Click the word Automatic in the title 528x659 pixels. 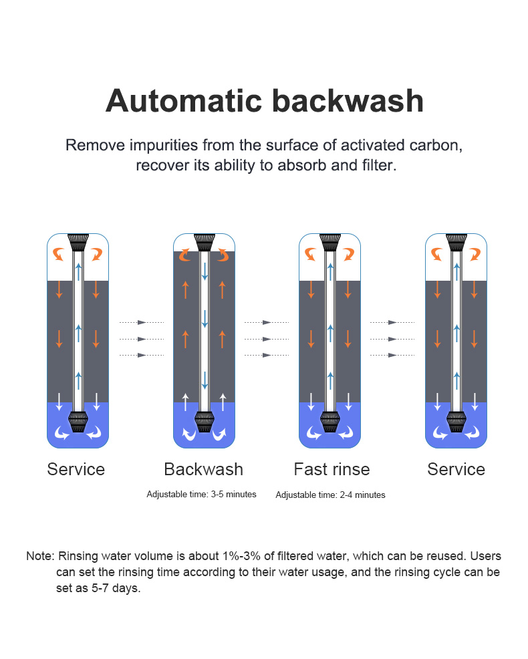[184, 102]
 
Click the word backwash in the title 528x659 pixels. [348, 102]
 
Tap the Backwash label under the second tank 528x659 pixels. [203, 469]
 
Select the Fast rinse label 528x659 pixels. [332, 469]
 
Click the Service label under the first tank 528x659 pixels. [76, 469]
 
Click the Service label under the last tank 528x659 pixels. [456, 469]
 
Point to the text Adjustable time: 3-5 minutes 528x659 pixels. [201, 495]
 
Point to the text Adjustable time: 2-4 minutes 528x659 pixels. [330, 495]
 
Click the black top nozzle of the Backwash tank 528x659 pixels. [205, 243]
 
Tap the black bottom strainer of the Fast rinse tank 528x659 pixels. [330, 422]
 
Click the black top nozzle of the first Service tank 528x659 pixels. [78, 243]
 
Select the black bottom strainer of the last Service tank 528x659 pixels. [456, 422]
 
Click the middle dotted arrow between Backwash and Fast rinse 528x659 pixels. [267, 339]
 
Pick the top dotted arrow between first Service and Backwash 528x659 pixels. [142, 322]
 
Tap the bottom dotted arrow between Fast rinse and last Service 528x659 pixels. [392, 355]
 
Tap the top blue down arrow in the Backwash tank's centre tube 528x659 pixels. [205, 271]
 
